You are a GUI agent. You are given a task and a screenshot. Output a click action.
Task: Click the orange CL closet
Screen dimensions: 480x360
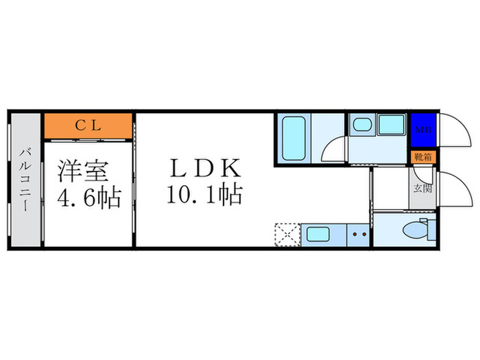(x=87, y=125)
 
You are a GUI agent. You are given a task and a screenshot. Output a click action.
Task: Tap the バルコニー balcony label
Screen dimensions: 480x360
(x=25, y=180)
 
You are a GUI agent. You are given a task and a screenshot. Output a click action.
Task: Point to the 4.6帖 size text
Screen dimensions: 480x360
(x=88, y=198)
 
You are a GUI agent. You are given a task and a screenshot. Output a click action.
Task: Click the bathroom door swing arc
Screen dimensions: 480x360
(x=333, y=149)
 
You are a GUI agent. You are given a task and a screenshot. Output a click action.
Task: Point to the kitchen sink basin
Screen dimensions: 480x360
(x=318, y=234)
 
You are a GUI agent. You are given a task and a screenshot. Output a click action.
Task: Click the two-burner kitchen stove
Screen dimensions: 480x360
(x=359, y=234)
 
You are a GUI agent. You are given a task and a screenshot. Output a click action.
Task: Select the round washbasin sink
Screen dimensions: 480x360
(x=361, y=125)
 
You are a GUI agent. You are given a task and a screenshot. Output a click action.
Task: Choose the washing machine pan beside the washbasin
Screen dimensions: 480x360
(x=392, y=125)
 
